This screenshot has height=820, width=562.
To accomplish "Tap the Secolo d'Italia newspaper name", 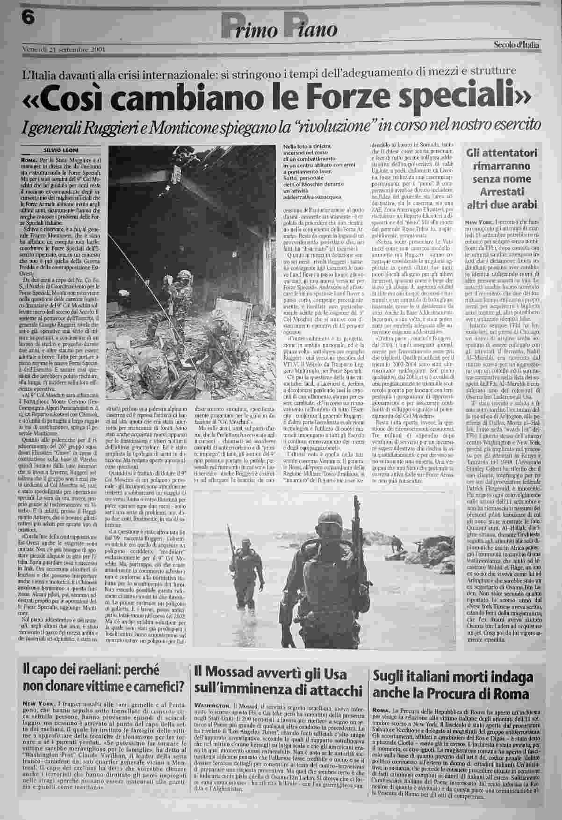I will pyautogui.click(x=516, y=45).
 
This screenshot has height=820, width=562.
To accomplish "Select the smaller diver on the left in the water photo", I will pyautogui.click(x=245, y=566).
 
